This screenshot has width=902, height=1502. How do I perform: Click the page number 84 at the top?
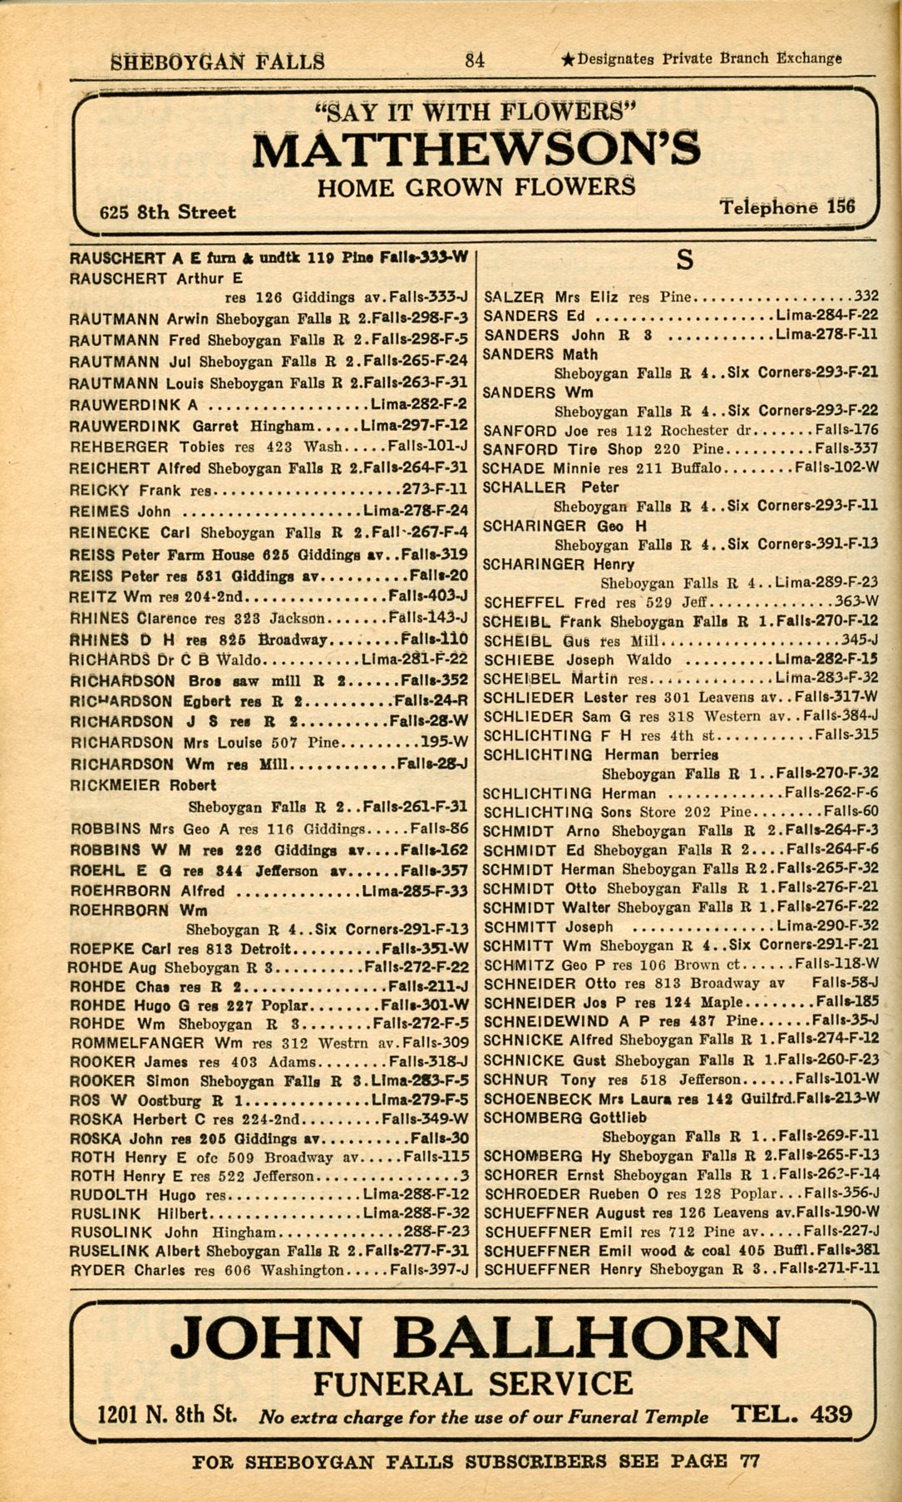(x=476, y=59)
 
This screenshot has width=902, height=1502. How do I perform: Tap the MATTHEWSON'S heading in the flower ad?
(x=476, y=149)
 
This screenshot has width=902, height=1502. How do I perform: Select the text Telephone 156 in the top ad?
(x=786, y=207)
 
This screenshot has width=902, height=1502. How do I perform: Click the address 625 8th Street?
(x=167, y=212)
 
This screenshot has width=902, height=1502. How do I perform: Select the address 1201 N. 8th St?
(x=167, y=1415)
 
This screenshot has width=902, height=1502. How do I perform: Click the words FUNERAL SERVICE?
(x=472, y=1383)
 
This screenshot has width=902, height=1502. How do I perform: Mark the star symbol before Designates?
(x=567, y=59)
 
